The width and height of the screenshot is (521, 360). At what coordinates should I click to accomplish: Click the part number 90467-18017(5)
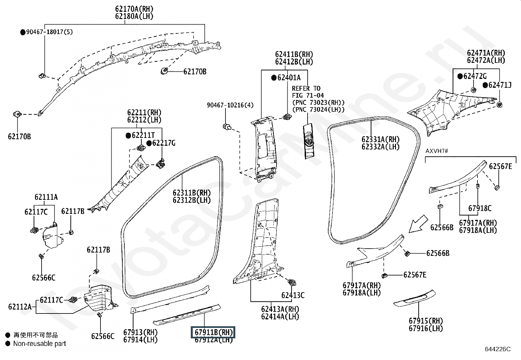click(49, 32)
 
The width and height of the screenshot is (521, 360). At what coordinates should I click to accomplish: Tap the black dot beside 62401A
click(274, 78)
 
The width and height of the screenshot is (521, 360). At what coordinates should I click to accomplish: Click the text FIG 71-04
click(308, 96)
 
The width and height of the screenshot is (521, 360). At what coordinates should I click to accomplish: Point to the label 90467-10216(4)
click(230, 105)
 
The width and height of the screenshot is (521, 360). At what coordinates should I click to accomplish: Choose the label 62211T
click(143, 135)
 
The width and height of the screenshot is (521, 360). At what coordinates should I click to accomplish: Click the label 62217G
click(164, 143)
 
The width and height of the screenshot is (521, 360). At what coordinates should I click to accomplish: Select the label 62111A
click(46, 197)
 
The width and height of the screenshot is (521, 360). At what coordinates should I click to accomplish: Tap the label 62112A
click(20, 307)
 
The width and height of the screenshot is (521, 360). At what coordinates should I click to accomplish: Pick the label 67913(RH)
click(140, 332)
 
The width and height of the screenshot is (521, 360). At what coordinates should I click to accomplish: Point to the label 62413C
click(293, 295)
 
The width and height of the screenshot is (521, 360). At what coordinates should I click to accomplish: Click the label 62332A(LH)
click(380, 147)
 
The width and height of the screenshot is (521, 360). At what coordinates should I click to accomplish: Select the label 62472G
click(475, 76)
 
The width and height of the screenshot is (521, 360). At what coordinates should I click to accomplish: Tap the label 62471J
click(499, 85)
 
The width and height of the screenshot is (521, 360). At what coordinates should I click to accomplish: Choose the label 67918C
click(480, 208)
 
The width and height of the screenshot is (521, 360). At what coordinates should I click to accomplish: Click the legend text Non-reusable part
click(40, 344)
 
